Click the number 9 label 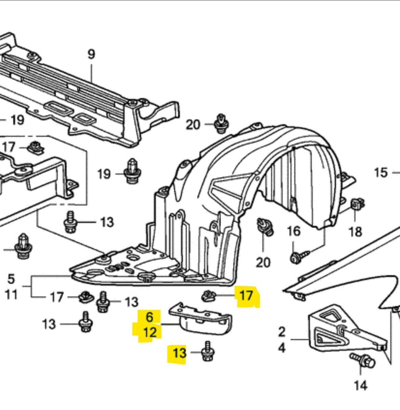(x=91, y=54)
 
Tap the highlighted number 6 (x=150, y=317)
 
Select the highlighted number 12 (x=149, y=332)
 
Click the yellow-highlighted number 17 (x=246, y=296)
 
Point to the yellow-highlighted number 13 (x=180, y=353)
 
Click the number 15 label (x=381, y=173)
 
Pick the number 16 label (x=293, y=231)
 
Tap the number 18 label (x=355, y=232)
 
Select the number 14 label (x=360, y=386)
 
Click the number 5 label (x=11, y=279)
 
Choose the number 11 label (x=11, y=294)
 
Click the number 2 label (x=282, y=332)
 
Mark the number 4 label (x=282, y=348)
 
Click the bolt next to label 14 (x=361, y=360)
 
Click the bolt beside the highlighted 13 (x=207, y=352)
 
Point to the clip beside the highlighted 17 (x=208, y=296)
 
